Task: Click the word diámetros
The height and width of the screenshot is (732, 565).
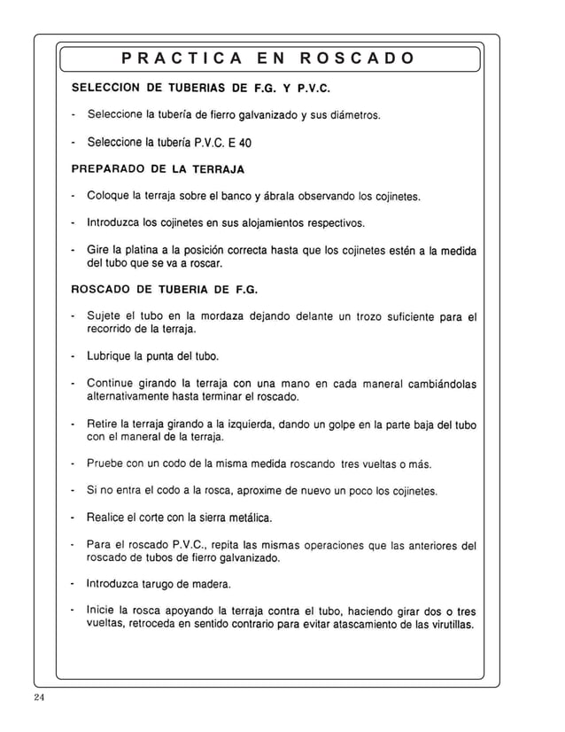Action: pyautogui.click(x=353, y=115)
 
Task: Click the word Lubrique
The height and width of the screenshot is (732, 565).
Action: pyautogui.click(x=109, y=356)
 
